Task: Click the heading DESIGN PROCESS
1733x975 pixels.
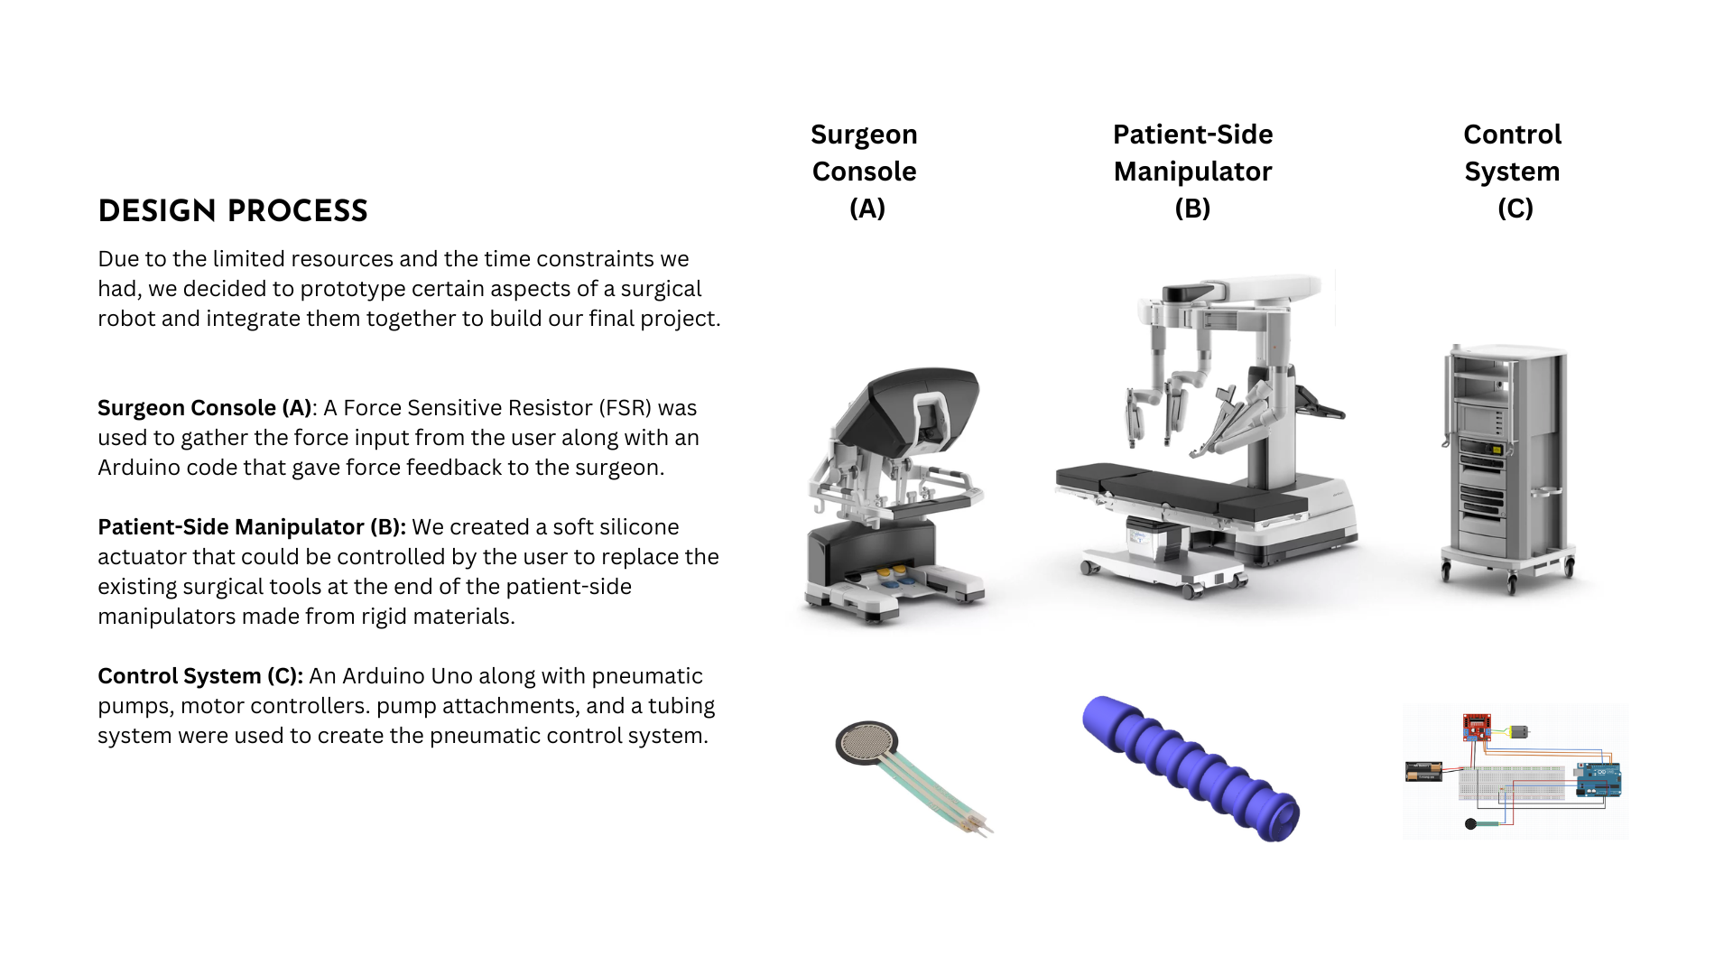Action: [x=233, y=211]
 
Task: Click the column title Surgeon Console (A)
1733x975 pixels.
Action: [x=865, y=172]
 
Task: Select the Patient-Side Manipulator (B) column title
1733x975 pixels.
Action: [x=1192, y=172]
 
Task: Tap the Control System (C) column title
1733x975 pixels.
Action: [x=1513, y=172]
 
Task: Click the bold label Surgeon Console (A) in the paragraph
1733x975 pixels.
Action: [x=205, y=408]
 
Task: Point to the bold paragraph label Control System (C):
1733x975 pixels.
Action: [x=200, y=676]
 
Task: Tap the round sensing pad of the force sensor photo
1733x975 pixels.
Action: [x=866, y=743]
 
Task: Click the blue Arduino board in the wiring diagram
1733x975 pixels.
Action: [x=1599, y=780]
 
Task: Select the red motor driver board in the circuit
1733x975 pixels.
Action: [x=1477, y=727]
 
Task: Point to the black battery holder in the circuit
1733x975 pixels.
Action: [x=1424, y=772]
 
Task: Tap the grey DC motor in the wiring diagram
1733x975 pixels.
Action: [x=1518, y=731]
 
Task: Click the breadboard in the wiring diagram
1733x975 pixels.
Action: [x=1512, y=783]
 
